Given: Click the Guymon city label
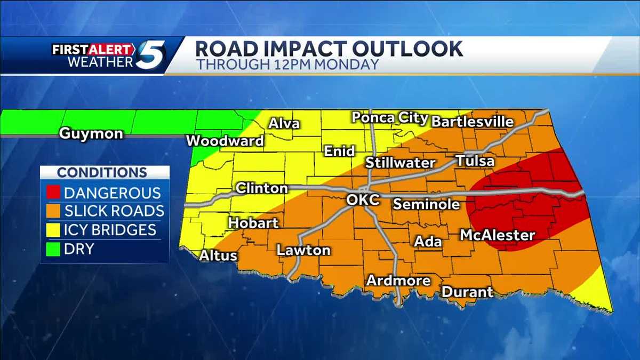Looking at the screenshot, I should [x=91, y=133].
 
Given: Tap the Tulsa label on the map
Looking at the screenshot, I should [x=475, y=161].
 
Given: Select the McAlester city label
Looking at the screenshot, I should [x=497, y=235].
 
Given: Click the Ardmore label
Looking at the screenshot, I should [x=398, y=281].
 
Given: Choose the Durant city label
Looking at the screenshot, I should [x=467, y=292].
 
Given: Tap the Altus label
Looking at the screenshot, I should [x=218, y=255].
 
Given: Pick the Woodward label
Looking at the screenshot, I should [x=225, y=141].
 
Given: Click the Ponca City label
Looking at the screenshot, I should [x=389, y=118].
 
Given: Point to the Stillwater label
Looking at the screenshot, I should [x=400, y=162].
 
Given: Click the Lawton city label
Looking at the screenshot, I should [x=303, y=250].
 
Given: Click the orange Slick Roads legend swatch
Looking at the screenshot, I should [x=52, y=211].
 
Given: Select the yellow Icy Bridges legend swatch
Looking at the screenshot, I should [x=52, y=229].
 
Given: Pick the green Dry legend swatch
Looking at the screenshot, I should [x=52, y=248].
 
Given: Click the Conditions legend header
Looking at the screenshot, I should [x=102, y=173].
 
